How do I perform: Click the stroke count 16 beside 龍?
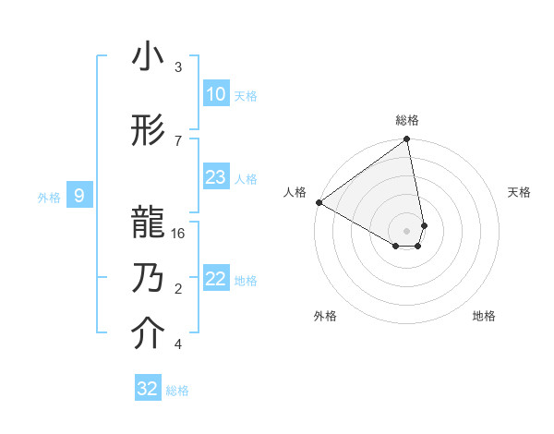coord(179,234)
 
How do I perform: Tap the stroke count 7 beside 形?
coord(178,140)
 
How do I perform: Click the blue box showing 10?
coord(215,94)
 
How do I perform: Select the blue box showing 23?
coord(215,177)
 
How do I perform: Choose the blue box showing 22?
coord(215,279)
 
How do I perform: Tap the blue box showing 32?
coord(148,389)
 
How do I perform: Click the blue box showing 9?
coord(79,196)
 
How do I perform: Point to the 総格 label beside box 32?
coord(177,391)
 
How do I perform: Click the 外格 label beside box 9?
coord(48,197)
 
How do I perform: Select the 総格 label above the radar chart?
coord(407,120)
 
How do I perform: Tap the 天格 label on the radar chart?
coord(519,192)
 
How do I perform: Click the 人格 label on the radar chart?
coord(295,192)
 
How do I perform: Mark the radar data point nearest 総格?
coord(407,140)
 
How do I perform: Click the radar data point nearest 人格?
coord(319,201)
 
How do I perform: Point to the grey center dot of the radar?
coord(407,229)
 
